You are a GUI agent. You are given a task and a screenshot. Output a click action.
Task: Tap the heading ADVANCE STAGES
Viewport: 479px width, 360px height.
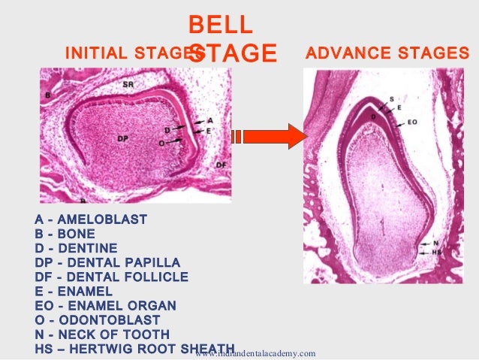click(x=388, y=53)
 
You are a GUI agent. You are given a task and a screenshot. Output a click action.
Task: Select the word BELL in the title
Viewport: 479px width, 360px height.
click(x=220, y=24)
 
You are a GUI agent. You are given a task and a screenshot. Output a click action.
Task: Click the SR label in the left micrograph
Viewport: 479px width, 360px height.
click(x=128, y=85)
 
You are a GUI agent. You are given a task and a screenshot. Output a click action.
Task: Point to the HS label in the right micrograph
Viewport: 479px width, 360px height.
click(x=437, y=253)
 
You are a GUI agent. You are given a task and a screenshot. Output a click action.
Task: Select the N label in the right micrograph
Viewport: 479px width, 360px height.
click(x=435, y=244)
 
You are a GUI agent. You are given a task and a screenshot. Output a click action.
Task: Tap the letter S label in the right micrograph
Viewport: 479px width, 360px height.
click(x=390, y=99)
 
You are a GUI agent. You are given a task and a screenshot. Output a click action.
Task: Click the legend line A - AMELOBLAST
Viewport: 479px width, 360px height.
click(x=91, y=219)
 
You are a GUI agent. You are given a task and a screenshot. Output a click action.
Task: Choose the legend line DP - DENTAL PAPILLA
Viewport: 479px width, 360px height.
click(x=107, y=262)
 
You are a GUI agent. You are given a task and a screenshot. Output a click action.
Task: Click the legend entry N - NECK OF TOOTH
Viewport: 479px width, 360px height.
click(x=102, y=334)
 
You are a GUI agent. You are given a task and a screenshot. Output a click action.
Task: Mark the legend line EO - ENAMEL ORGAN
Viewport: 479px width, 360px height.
click(x=105, y=305)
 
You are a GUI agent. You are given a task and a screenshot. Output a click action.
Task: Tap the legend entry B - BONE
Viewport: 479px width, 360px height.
click(x=66, y=234)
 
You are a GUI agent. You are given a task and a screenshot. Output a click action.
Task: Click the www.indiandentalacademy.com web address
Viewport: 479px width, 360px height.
click(x=255, y=353)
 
